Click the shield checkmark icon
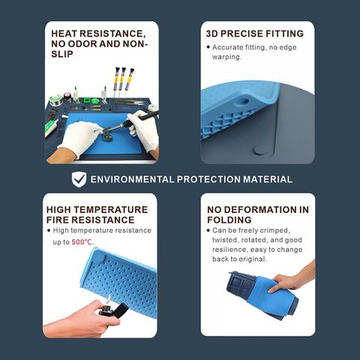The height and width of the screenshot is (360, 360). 79,179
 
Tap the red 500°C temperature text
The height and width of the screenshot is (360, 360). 82,242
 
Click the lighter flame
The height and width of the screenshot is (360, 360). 109,299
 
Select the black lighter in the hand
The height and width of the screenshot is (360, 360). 114,311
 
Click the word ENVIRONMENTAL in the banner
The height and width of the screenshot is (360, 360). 132,179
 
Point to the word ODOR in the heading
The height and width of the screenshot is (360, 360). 82,43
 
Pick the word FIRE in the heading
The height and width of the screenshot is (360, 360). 58,220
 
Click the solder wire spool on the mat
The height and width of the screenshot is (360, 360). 55,100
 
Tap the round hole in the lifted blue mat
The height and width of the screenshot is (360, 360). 242,102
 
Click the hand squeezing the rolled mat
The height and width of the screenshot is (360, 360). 292,279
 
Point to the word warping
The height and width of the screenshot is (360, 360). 227,57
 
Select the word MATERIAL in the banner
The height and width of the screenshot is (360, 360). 268,179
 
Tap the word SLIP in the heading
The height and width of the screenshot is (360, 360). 62,54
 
